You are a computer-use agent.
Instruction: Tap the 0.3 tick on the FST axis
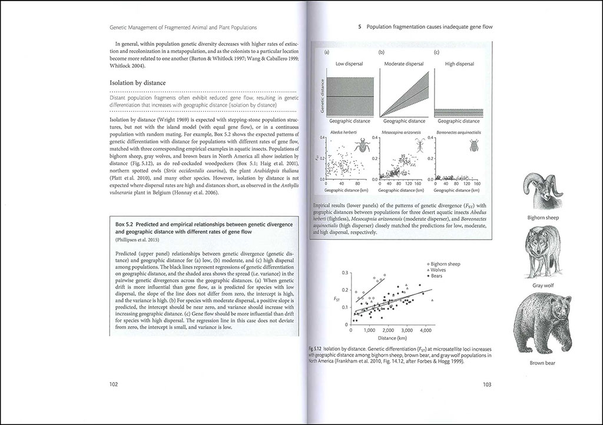tap(345, 273)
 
